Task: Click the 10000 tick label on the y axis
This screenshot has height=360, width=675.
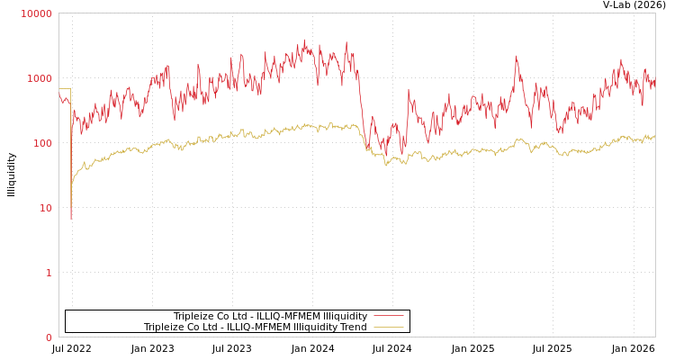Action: tap(37, 14)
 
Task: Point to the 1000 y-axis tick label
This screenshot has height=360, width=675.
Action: tap(40, 79)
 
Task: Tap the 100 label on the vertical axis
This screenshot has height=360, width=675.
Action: tap(42, 144)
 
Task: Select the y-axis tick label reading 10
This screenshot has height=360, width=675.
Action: tap(45, 209)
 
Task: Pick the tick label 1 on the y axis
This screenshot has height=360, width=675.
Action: tap(49, 274)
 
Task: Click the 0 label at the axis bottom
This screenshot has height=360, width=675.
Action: tap(49, 338)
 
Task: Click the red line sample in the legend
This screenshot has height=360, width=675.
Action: tap(388, 317)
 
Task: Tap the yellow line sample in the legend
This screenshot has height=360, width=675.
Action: tap(388, 328)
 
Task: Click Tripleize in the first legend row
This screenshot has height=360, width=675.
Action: tap(193, 317)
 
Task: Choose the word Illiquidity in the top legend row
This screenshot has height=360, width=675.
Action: tap(345, 317)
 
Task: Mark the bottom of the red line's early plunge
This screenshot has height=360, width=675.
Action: tap(71, 218)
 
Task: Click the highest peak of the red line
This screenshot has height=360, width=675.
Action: tap(304, 40)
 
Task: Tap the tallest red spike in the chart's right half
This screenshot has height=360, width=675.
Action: tap(517, 58)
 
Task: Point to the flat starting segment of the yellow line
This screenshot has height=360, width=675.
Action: tap(65, 89)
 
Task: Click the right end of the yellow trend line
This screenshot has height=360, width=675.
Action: tap(654, 137)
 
